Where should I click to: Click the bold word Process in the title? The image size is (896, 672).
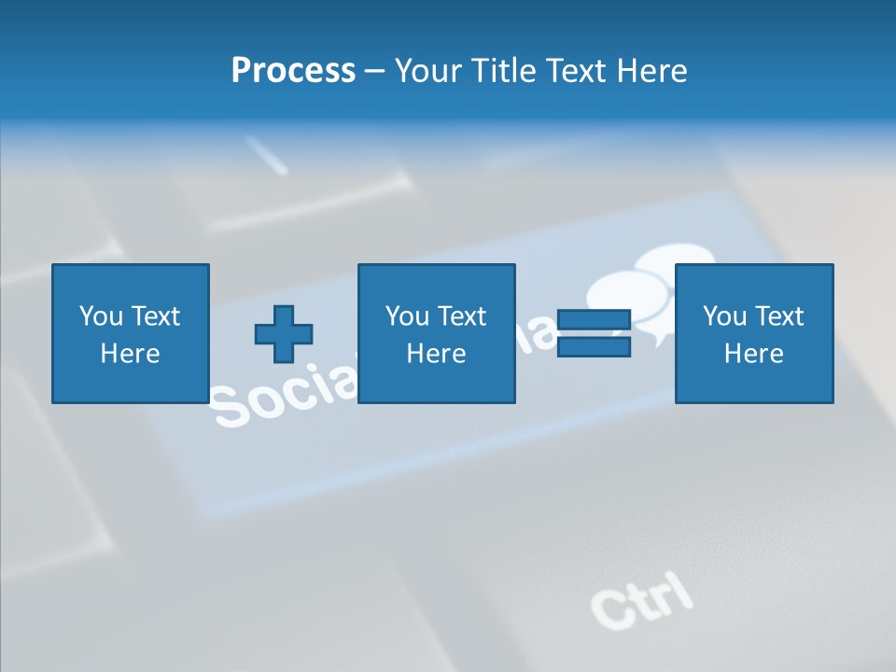click(x=293, y=71)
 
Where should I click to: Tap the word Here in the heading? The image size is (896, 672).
click(x=651, y=71)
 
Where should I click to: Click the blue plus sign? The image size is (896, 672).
click(x=284, y=334)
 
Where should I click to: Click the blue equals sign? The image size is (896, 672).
click(x=594, y=334)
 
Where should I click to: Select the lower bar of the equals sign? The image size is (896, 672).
click(x=594, y=347)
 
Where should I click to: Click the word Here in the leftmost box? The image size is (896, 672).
click(x=130, y=354)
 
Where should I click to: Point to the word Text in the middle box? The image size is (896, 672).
click(x=461, y=316)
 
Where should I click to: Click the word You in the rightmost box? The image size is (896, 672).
click(x=725, y=316)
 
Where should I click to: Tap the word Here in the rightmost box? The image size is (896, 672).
click(x=753, y=354)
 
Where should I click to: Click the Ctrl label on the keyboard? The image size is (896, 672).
click(x=642, y=600)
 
